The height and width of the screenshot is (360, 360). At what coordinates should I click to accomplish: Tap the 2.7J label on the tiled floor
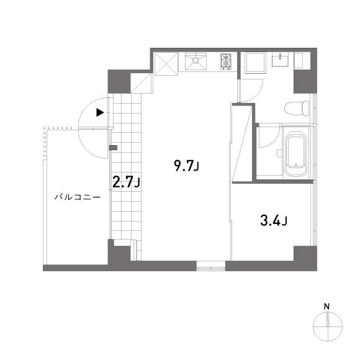pos(125,182)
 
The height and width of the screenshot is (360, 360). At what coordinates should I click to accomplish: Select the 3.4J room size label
pos(273,220)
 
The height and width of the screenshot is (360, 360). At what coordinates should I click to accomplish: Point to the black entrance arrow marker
pos(99,113)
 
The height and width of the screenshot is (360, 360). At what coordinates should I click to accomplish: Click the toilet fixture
pos(297,109)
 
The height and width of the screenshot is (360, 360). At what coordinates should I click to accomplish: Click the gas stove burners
pos(225,61)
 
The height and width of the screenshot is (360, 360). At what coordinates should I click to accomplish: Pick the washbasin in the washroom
pos(281,60)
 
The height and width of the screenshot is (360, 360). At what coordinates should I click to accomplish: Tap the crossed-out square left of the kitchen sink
pos(166,63)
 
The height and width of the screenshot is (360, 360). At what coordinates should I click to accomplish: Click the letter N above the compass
pos(326,305)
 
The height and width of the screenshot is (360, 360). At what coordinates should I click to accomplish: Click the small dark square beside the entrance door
pos(112,148)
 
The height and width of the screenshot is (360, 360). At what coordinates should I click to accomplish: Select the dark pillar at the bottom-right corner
pos(305,257)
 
